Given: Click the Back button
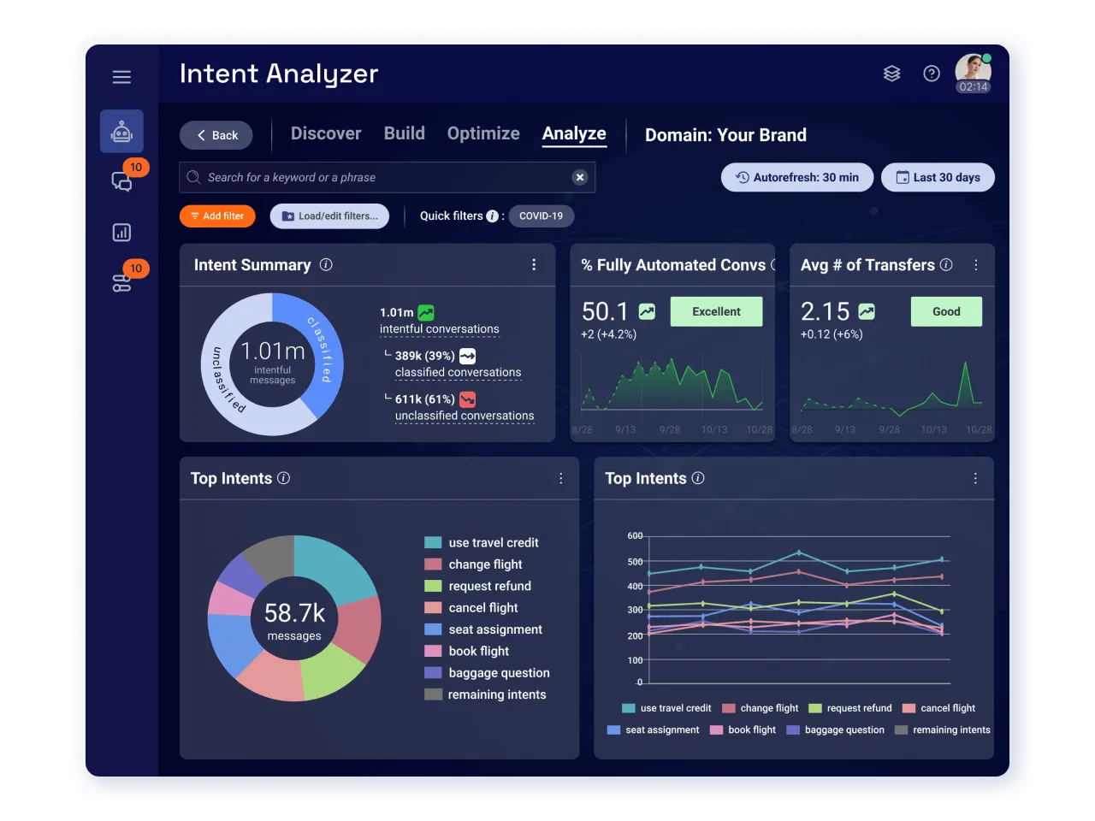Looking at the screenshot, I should tap(216, 135).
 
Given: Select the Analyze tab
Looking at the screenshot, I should tap(574, 133).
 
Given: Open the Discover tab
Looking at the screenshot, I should tap(326, 133).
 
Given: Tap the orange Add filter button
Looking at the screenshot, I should tap(217, 216).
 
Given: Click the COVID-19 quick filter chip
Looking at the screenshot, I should tap(541, 216).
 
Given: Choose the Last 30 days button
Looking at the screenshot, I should tap(938, 178).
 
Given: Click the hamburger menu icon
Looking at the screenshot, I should tap(121, 77).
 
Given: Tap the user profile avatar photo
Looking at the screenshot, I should tap(973, 68).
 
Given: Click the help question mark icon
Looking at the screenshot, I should tap(932, 74).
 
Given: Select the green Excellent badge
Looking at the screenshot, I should tap(716, 312).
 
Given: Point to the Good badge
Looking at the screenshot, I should tap(946, 312).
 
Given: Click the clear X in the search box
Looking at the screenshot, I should tap(580, 178).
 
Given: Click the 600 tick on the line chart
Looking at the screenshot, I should tap(635, 536).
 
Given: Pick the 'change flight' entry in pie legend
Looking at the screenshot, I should tap(485, 564).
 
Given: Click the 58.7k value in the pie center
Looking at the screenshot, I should tap(294, 613).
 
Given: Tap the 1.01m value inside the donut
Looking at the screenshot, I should tap(273, 351).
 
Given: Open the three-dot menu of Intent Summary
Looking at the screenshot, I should tap(534, 265).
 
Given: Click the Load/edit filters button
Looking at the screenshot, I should tap(329, 216).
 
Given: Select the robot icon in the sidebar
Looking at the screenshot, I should tap(121, 132).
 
